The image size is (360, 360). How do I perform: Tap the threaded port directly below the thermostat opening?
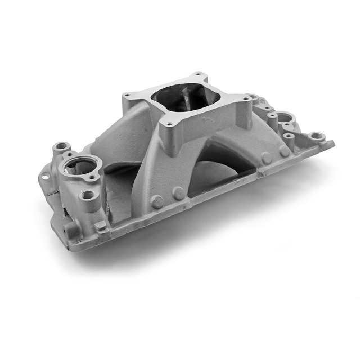[88, 195]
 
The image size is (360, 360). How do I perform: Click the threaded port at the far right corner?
[316, 136]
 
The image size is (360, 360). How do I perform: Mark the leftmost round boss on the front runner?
[158, 201]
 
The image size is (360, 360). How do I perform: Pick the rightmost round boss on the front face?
[284, 150]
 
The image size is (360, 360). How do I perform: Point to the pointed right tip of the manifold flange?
[332, 144]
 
